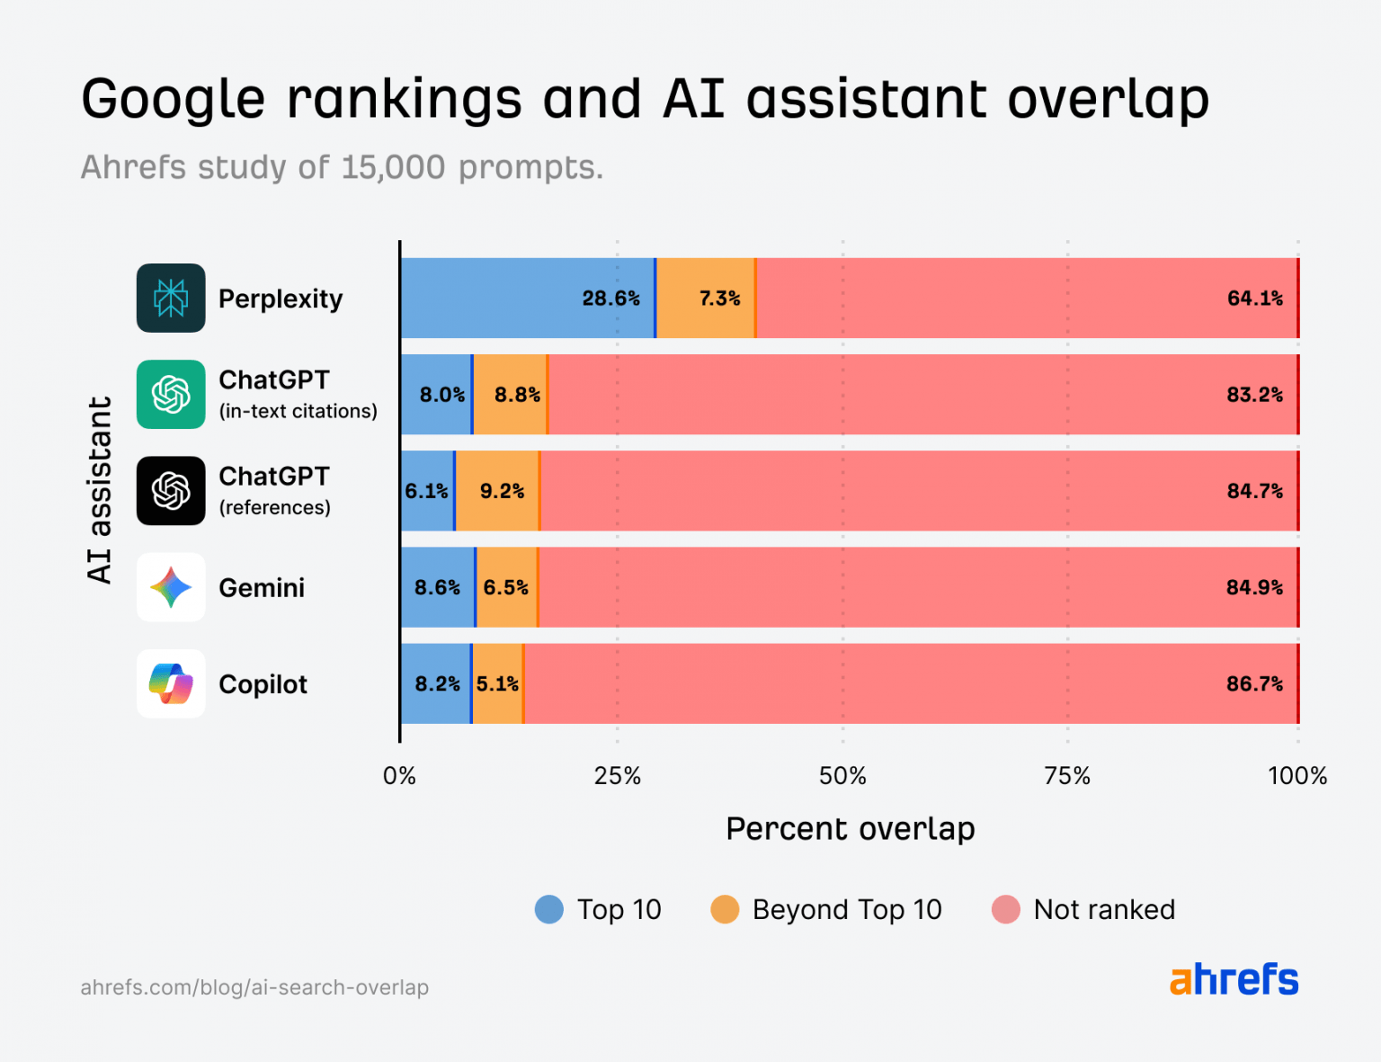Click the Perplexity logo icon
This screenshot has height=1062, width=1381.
[x=171, y=298]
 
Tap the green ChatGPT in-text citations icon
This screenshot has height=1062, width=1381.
[x=171, y=394]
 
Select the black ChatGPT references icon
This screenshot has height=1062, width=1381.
[x=171, y=490]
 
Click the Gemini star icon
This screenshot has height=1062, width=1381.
[x=171, y=587]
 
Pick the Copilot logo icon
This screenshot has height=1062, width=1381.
[x=171, y=683]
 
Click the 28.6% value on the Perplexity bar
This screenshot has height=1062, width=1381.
[x=610, y=299]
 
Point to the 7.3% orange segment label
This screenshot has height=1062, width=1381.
[x=719, y=299]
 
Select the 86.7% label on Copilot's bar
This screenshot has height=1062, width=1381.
[x=1254, y=683]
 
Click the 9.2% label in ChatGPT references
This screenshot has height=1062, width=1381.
[x=502, y=491]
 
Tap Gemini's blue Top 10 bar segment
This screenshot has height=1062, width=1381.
[x=437, y=587]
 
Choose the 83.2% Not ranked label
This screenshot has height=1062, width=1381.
[x=1254, y=395]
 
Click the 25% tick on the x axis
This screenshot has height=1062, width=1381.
[x=617, y=776]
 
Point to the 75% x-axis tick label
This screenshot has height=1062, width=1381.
[x=1067, y=776]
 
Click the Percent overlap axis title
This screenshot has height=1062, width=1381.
[x=850, y=828]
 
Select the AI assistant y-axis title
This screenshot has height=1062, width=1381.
[x=100, y=490]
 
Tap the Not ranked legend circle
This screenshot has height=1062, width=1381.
[x=1005, y=909]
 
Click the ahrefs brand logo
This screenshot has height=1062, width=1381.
[x=1234, y=979]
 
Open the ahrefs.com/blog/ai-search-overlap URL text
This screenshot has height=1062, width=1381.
[x=254, y=987]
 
